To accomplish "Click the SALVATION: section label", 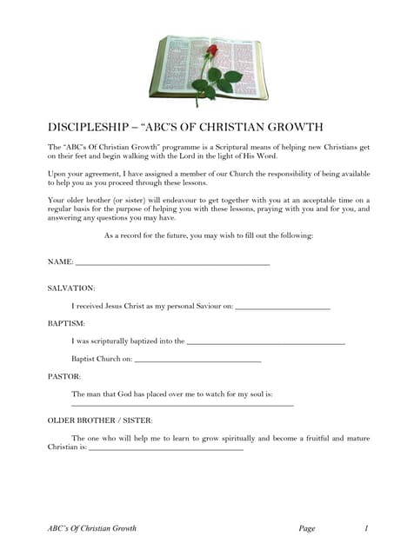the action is tap(71, 287).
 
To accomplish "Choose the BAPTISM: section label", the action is tap(66, 323).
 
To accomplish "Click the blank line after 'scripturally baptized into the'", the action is tap(265, 343).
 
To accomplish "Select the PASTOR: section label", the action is tap(63, 376).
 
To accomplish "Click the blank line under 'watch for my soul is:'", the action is tap(182, 405).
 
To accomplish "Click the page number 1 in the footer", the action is tap(367, 527).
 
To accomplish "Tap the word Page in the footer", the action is tap(306, 527).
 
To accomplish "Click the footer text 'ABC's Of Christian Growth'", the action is tap(92, 527).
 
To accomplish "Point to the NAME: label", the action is tap(60, 261).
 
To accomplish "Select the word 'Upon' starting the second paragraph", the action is tap(57, 174).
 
